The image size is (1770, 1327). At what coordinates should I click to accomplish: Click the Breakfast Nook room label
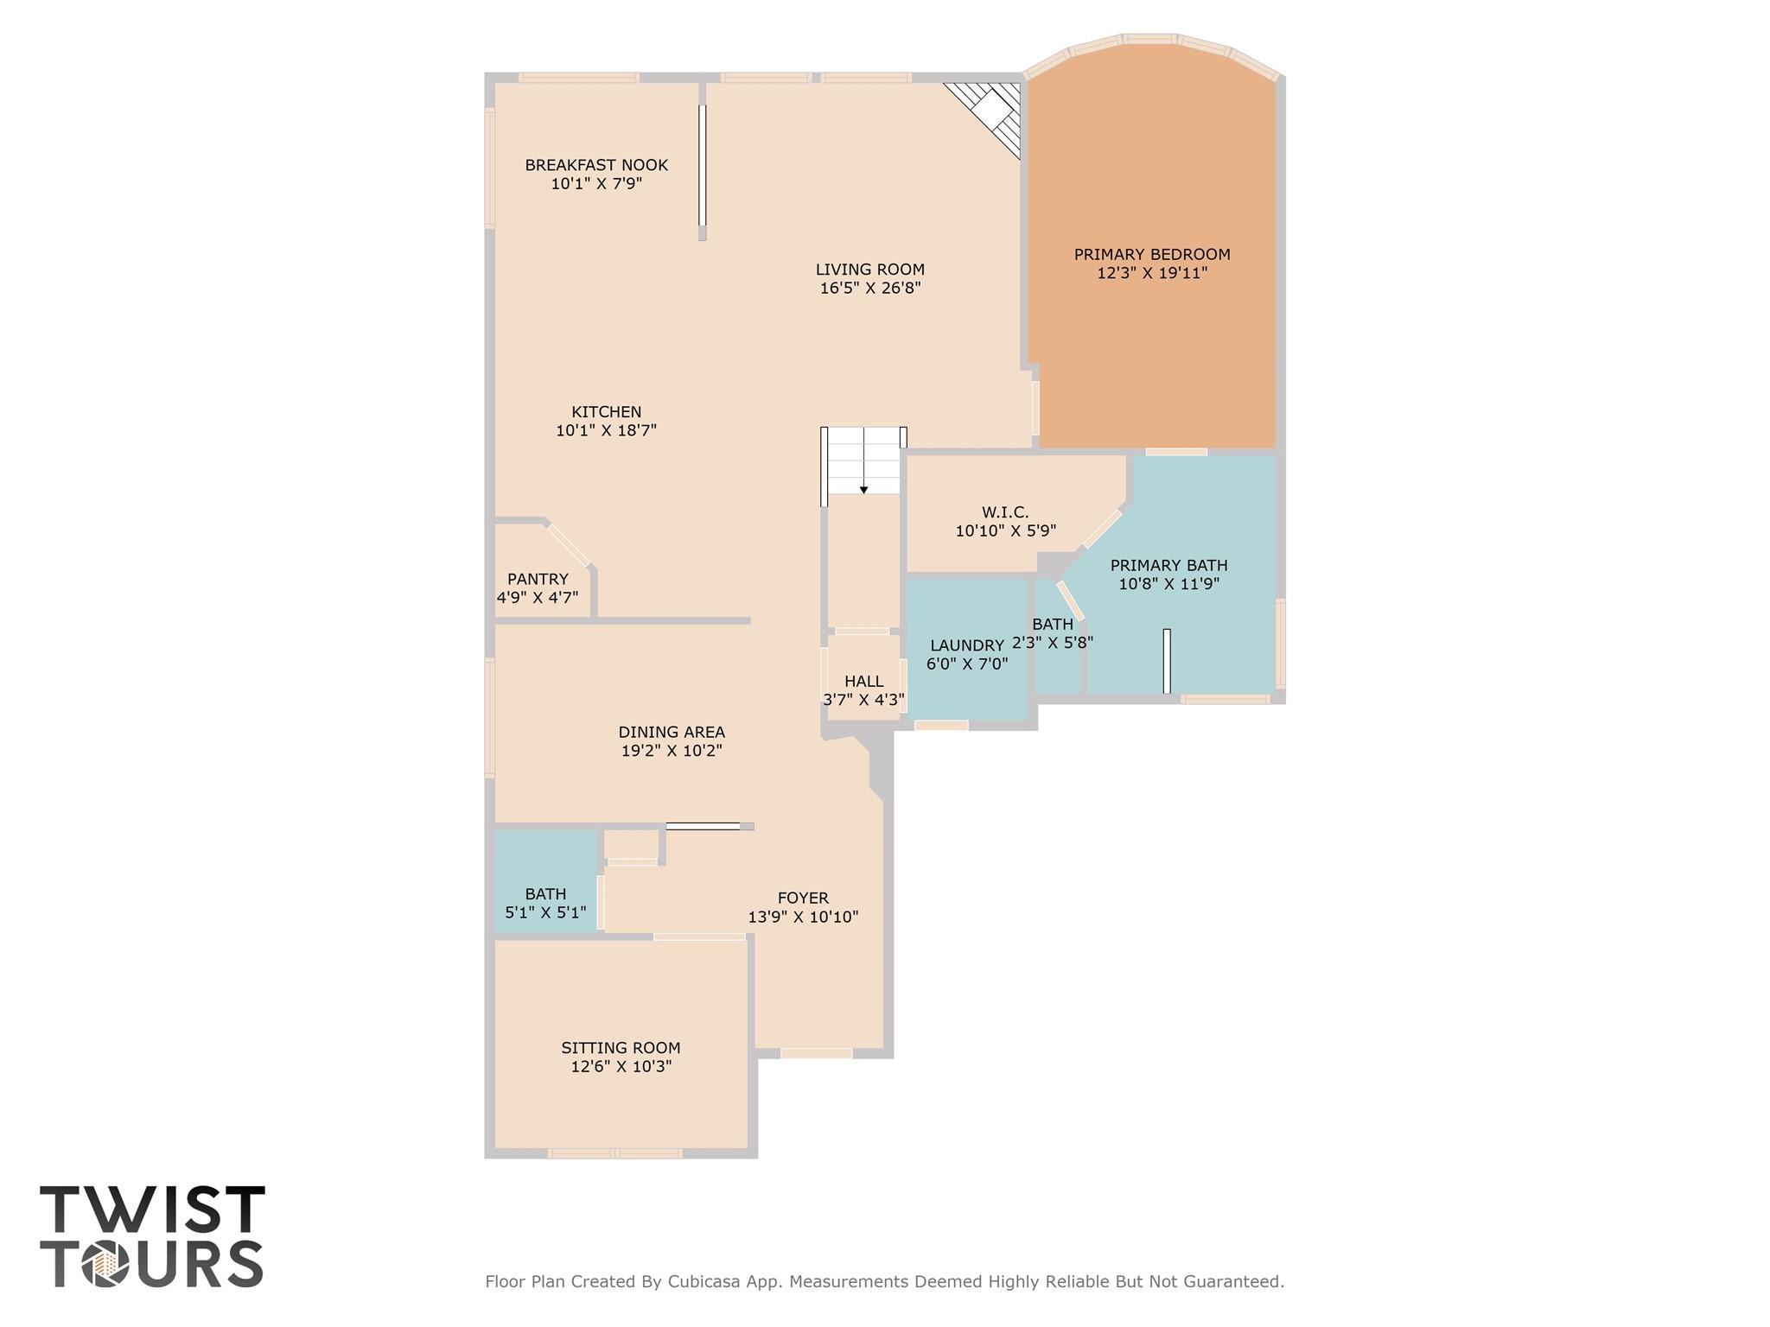point(596,165)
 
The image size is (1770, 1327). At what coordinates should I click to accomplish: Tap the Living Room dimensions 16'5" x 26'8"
point(870,289)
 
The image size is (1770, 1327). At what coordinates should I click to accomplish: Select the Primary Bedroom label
point(1151,254)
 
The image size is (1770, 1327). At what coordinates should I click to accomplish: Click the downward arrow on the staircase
point(863,490)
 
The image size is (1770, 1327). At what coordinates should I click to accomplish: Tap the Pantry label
point(538,579)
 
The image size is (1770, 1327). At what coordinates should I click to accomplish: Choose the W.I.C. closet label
point(1004,512)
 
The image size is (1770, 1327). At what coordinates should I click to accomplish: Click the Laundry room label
point(966,645)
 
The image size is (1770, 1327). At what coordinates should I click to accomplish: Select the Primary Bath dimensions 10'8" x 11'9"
point(1168,584)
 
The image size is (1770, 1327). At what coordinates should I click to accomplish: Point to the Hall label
point(863,682)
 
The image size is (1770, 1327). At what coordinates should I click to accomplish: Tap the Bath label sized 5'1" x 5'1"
point(545,894)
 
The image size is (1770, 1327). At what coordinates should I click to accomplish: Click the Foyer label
point(803,898)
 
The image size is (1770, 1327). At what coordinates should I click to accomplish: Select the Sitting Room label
point(621,1048)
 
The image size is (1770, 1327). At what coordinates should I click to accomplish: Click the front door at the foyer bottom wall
point(816,1053)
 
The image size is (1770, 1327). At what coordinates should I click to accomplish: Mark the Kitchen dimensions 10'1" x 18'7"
point(606,430)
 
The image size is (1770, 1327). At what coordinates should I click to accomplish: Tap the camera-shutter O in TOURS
point(105,1264)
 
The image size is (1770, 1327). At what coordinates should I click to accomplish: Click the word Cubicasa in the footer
point(702,1282)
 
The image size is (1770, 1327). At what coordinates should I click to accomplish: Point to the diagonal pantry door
point(568,545)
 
